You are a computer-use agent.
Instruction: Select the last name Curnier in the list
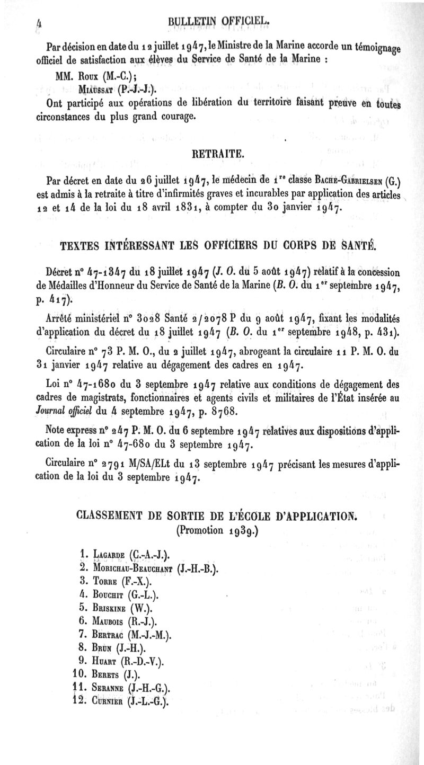[112, 701]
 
